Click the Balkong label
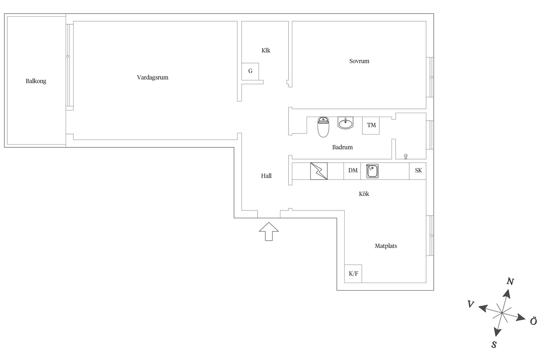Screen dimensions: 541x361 click(36, 81)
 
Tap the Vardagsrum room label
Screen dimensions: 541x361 click(152, 78)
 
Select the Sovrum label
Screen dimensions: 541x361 click(359, 61)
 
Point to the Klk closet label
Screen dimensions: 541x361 click(266, 50)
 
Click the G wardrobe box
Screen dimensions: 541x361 click(250, 71)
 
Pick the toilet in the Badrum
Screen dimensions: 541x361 click(323, 127)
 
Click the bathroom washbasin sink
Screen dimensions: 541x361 click(345, 123)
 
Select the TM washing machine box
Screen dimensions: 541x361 click(371, 126)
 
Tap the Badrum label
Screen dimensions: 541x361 click(342, 147)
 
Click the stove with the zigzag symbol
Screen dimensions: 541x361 click(319, 171)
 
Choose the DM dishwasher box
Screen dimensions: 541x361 click(352, 171)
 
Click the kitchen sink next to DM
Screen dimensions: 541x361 click(372, 171)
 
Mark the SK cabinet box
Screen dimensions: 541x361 click(418, 171)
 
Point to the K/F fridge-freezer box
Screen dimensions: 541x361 click(353, 274)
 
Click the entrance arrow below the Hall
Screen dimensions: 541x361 click(269, 232)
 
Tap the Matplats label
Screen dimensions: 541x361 click(386, 246)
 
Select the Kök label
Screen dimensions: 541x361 click(364, 194)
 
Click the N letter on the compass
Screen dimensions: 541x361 click(510, 281)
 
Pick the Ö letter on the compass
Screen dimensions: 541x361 click(533, 321)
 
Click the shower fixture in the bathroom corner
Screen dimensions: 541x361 click(406, 157)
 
